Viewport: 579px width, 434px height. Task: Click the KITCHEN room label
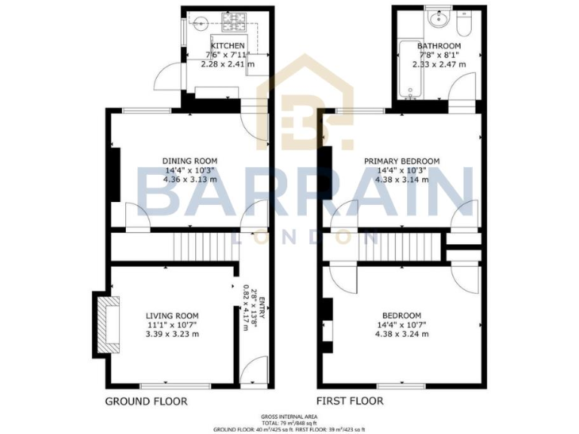(x=228, y=45)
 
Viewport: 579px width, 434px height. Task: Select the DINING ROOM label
(x=190, y=160)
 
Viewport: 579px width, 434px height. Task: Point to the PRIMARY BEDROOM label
(x=402, y=161)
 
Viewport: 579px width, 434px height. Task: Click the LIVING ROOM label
(x=172, y=316)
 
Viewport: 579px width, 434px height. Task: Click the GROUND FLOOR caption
(x=146, y=401)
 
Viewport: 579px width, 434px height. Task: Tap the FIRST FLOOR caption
(x=346, y=401)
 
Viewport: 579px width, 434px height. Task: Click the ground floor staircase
(x=192, y=246)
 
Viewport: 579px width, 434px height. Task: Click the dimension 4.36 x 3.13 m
(x=190, y=179)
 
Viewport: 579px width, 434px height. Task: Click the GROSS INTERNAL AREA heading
(x=289, y=416)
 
